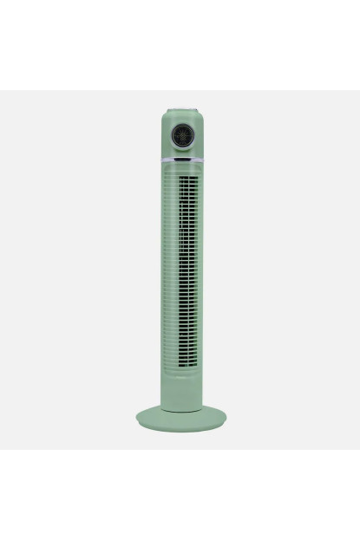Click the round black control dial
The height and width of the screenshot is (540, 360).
[182, 136]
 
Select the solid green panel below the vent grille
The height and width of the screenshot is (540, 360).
[182, 386]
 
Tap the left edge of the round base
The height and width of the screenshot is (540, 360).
[137, 421]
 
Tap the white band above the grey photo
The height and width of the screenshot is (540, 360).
[180, 43]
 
